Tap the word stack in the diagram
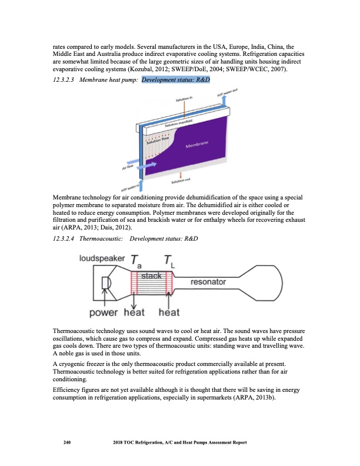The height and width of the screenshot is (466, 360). tap(151, 275)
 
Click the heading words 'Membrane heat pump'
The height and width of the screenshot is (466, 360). tap(106, 79)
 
